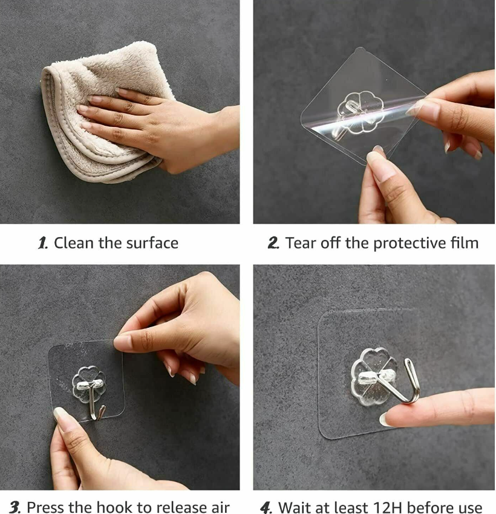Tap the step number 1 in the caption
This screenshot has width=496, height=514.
click(x=43, y=243)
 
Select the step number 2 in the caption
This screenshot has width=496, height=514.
click(x=273, y=243)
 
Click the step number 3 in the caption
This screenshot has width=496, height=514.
click(x=15, y=507)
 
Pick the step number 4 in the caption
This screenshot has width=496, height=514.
click(x=266, y=507)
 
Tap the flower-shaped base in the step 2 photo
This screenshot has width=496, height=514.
click(x=360, y=112)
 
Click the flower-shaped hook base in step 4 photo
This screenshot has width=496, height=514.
click(x=374, y=377)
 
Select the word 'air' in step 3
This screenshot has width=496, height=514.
click(x=220, y=507)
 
